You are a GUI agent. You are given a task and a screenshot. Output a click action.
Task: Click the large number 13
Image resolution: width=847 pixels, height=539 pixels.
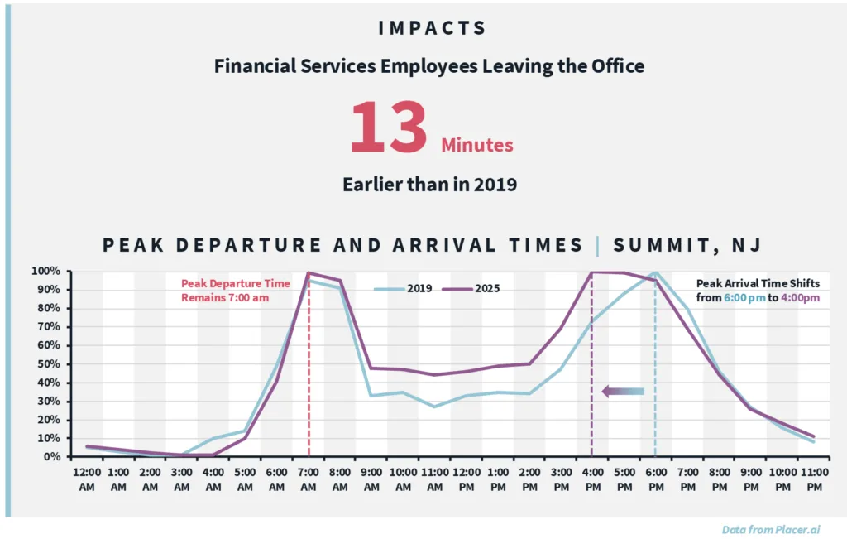[389, 128]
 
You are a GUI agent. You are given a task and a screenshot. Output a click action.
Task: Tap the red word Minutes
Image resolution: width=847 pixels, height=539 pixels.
[476, 146]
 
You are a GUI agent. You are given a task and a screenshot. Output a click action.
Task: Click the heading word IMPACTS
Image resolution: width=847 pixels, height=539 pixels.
[432, 28]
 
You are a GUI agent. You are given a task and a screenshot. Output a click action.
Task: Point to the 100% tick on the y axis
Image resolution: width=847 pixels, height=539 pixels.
[47, 272]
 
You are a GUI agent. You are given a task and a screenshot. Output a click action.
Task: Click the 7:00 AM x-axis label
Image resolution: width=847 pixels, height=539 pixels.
[309, 479]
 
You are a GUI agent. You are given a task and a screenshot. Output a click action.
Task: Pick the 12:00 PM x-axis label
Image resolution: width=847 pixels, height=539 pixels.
[466, 479]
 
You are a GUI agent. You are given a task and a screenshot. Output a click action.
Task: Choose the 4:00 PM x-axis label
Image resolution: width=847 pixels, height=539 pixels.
[592, 479]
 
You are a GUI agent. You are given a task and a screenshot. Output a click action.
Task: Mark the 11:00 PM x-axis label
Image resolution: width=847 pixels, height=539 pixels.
[814, 479]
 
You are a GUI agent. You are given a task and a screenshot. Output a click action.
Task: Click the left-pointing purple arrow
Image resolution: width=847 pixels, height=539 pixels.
[622, 392]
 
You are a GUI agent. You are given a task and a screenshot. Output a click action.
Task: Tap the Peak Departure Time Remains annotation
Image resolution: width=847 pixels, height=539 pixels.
[236, 291]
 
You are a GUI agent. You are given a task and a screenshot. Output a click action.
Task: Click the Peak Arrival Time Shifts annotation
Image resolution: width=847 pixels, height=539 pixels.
[758, 291]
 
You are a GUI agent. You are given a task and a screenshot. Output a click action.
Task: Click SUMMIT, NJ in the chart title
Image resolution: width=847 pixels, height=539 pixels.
[687, 245]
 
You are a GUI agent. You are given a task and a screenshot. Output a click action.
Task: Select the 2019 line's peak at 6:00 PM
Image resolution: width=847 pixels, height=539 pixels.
[656, 272]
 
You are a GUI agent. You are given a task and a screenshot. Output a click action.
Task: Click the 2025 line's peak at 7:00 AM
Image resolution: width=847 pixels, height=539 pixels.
[309, 272]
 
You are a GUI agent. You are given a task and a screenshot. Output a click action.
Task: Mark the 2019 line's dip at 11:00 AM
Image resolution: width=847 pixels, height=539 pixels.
[435, 407]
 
